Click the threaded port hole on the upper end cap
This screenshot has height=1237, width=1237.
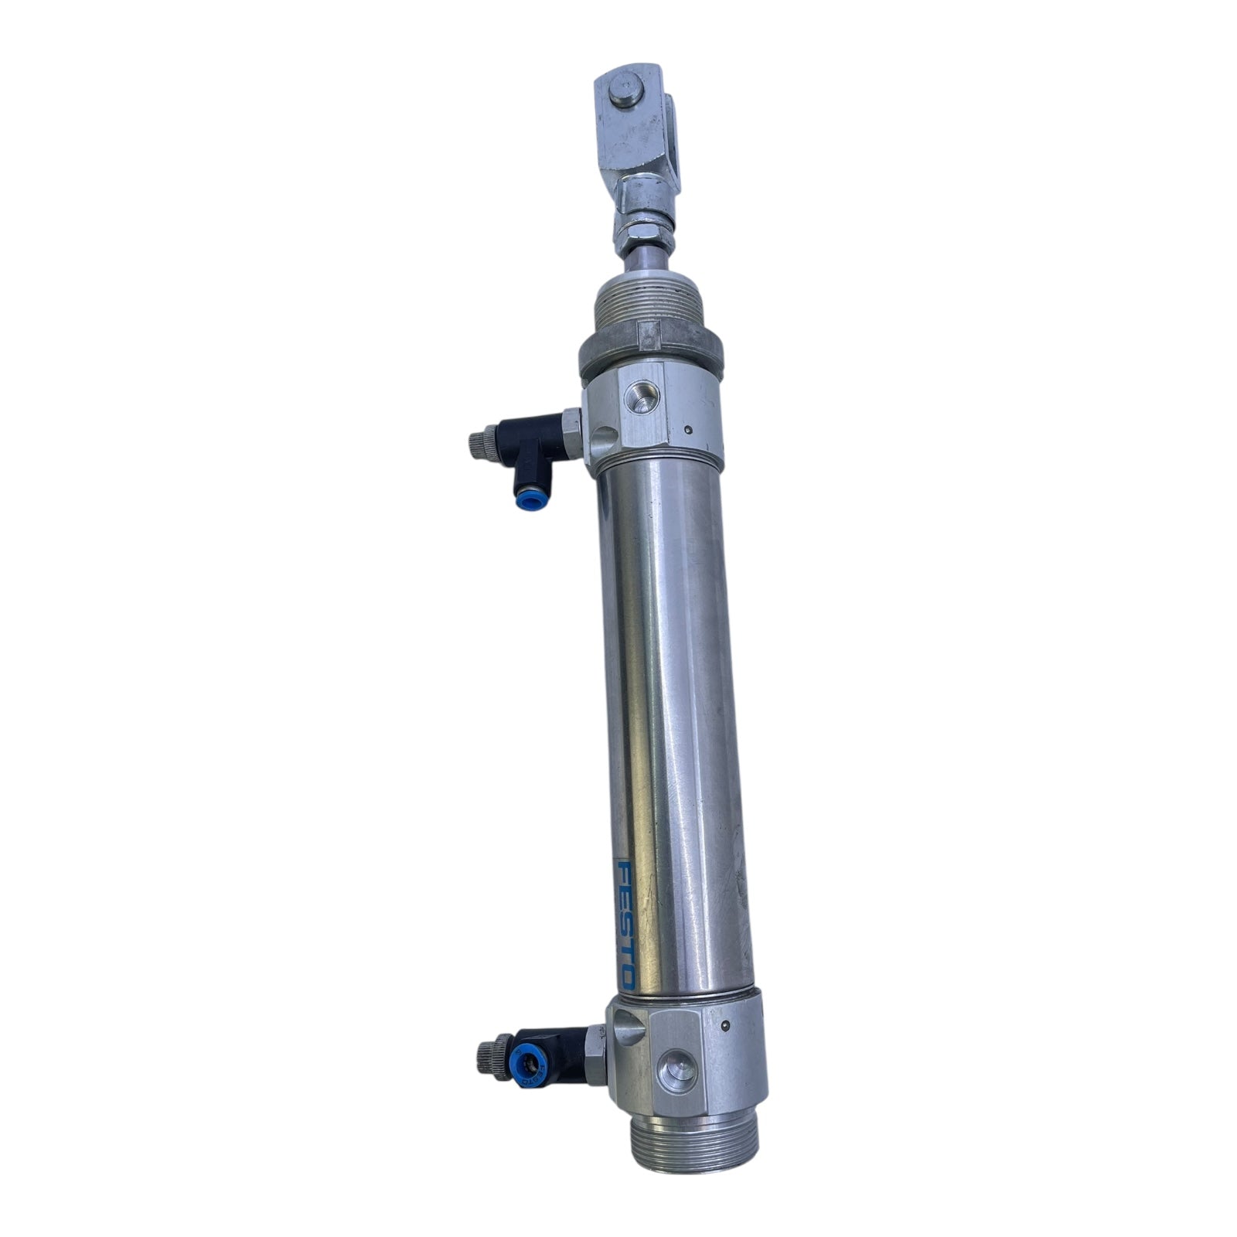tap(645, 397)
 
